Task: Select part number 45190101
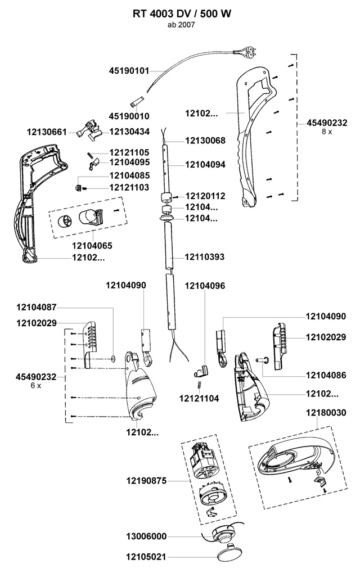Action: point(129,71)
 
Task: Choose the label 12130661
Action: point(47,132)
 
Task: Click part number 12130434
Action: point(129,132)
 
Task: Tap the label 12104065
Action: point(92,246)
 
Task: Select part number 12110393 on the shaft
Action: point(205,258)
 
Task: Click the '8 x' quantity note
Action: point(326,131)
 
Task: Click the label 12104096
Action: point(205,286)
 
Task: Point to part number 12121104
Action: point(199,399)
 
